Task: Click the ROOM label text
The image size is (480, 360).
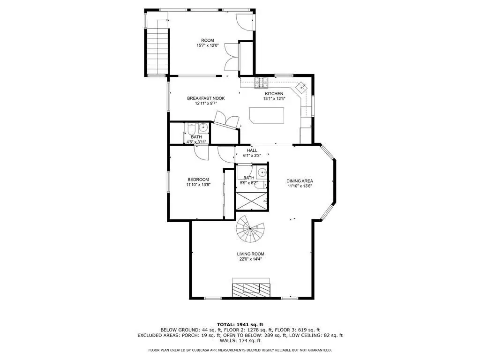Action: tap(208, 40)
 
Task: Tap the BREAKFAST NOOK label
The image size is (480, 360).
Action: tap(206, 98)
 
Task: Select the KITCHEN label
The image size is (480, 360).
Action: tap(274, 94)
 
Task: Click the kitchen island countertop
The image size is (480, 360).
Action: tap(267, 115)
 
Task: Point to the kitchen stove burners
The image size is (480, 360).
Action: tap(261, 83)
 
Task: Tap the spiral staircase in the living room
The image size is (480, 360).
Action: tap(250, 229)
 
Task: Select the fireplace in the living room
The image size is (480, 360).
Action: tap(251, 287)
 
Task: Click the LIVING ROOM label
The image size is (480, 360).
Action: tap(250, 254)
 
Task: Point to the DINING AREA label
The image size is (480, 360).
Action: tap(300, 181)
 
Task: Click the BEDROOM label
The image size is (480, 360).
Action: tap(198, 180)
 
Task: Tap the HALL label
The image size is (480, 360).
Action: tap(252, 150)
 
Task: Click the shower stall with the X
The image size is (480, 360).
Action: tap(252, 202)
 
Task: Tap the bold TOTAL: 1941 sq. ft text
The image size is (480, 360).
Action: tap(240, 324)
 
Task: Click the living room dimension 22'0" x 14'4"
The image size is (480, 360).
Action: tap(250, 259)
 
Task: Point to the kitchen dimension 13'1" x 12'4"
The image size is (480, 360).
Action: tap(274, 98)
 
